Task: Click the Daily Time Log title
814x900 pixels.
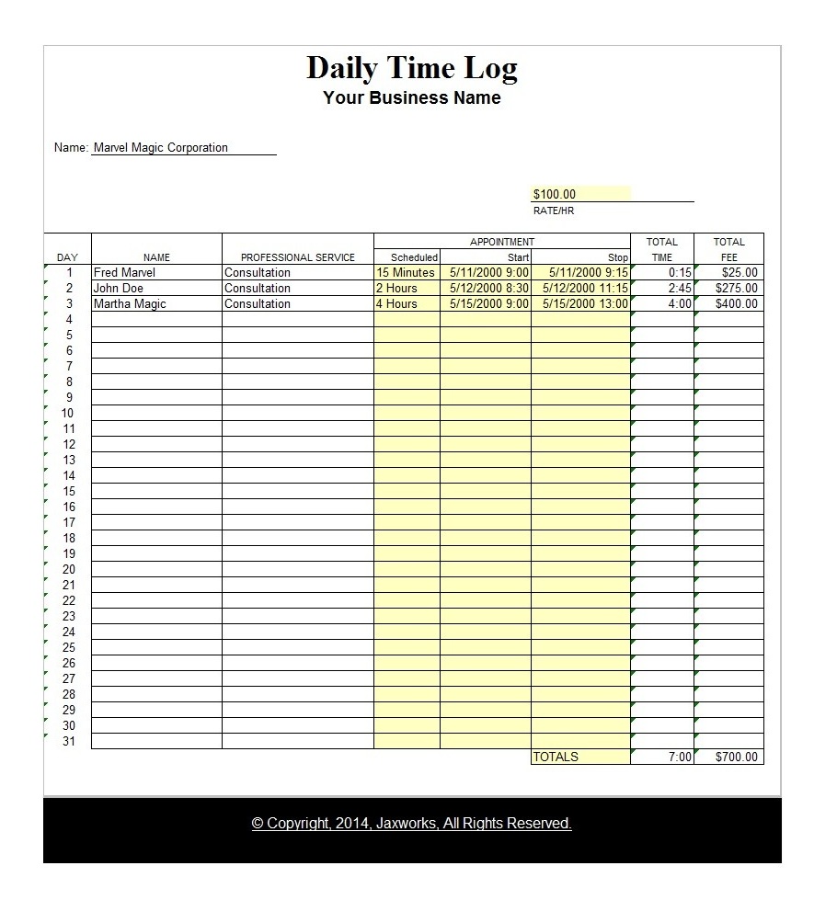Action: coord(411,69)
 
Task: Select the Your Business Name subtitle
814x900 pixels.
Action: coord(411,98)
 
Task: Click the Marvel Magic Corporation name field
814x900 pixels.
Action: coord(161,148)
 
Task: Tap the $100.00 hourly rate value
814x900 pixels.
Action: coord(555,195)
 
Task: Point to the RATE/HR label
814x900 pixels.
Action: coord(554,211)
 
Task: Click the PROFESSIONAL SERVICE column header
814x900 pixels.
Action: coord(297,258)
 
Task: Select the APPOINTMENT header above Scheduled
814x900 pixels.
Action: coord(501,243)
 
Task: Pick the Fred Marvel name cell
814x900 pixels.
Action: coord(125,273)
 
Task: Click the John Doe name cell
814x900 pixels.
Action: coord(119,289)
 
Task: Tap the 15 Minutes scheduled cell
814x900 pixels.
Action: coord(406,273)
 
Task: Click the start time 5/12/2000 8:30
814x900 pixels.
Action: coord(488,289)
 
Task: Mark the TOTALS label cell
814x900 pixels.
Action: coord(556,758)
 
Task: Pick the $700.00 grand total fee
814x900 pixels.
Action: coord(737,758)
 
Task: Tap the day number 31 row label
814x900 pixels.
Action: coord(69,742)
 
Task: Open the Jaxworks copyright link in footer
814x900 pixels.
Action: coord(411,824)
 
